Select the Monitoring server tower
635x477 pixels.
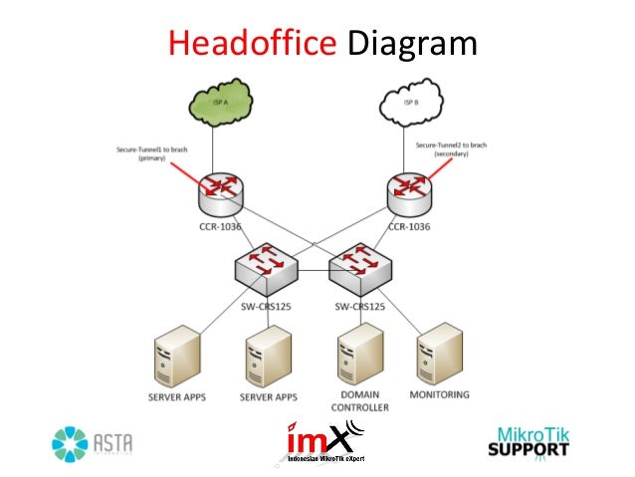tap(441, 358)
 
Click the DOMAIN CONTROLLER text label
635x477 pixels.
tap(355, 402)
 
